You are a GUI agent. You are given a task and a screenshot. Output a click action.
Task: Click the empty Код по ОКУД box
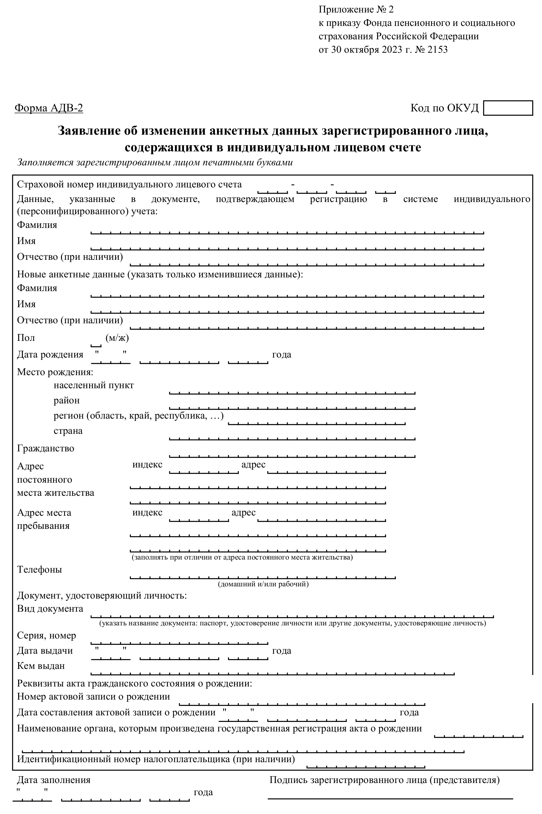[507, 108]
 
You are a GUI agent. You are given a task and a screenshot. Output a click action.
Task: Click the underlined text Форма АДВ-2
[49, 108]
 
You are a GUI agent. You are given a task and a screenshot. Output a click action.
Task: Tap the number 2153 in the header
[437, 50]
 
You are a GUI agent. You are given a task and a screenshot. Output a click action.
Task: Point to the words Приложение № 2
[356, 10]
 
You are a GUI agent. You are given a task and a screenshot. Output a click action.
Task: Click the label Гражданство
[46, 449]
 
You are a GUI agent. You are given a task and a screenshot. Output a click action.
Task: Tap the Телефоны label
[39, 569]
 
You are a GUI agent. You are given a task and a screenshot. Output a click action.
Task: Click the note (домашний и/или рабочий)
[263, 584]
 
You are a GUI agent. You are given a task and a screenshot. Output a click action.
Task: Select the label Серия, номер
[46, 636]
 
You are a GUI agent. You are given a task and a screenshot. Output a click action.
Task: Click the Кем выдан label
[41, 666]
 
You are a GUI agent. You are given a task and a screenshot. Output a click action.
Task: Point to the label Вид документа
[50, 609]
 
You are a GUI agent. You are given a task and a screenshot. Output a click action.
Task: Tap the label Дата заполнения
[54, 780]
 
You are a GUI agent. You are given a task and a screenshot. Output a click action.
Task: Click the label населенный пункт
[93, 386]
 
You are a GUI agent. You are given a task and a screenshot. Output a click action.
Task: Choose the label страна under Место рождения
[68, 431]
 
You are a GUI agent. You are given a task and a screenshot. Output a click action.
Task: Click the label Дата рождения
[50, 355]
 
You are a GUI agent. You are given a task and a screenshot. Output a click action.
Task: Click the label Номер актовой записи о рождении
[93, 697]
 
